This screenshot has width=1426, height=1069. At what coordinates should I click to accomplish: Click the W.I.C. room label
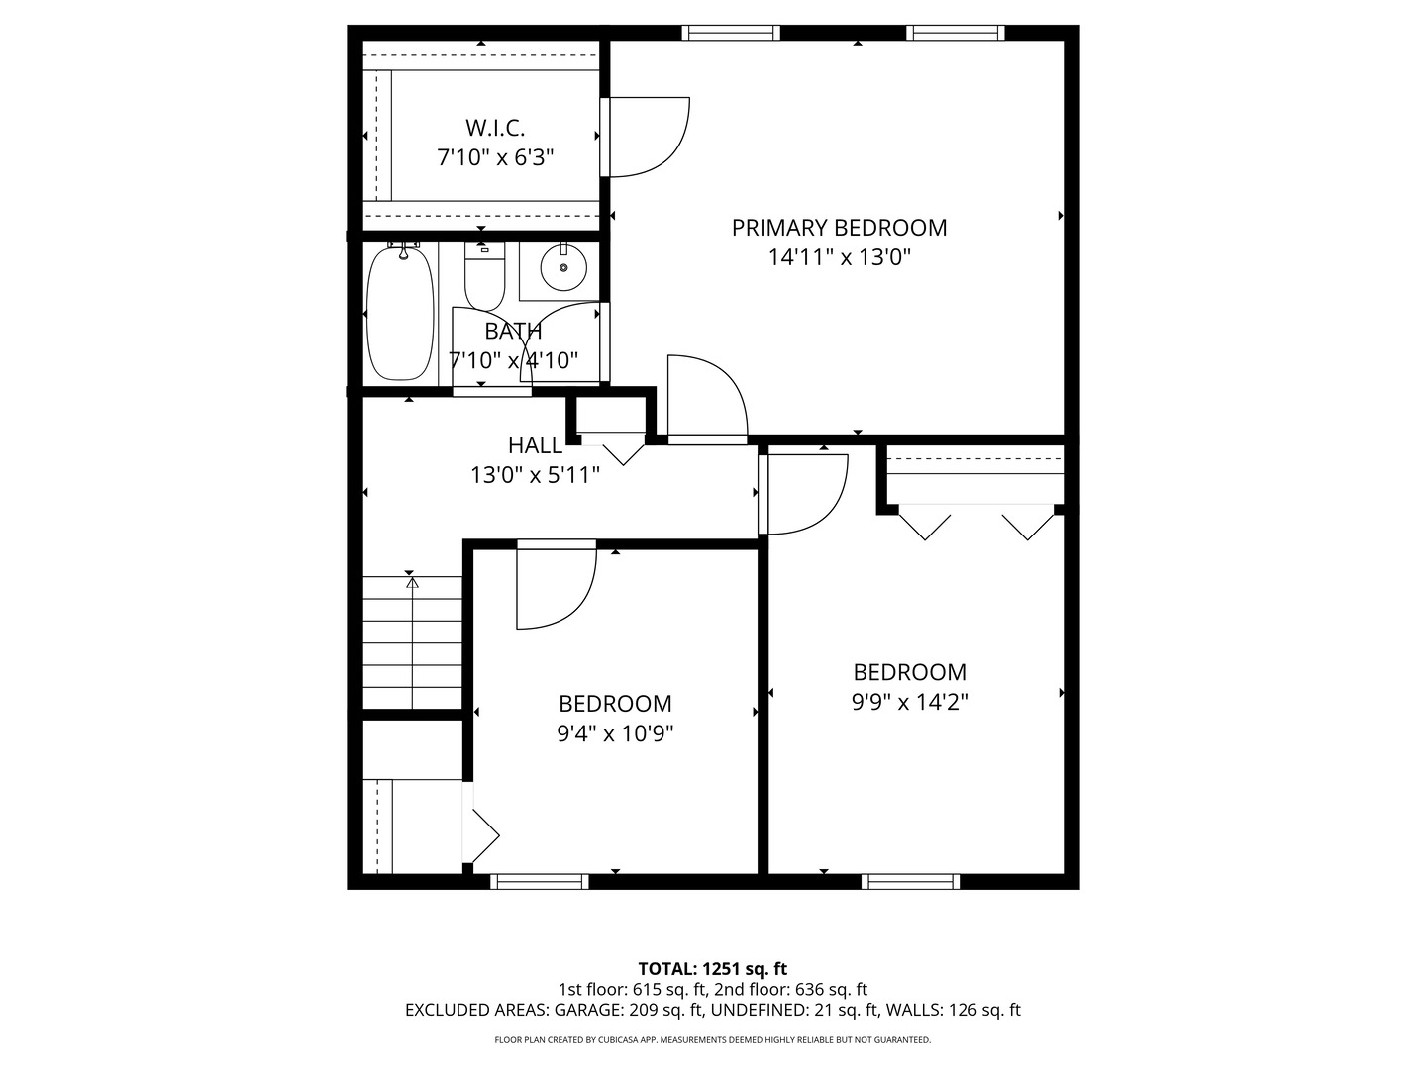(x=495, y=128)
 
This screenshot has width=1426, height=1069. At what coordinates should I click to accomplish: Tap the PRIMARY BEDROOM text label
(x=839, y=228)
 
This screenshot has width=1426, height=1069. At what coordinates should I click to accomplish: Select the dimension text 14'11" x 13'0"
(x=839, y=258)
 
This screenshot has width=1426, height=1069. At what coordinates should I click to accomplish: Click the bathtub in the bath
(x=400, y=314)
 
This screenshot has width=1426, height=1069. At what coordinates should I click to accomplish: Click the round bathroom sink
(x=563, y=268)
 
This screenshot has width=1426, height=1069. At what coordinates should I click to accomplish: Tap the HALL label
(x=535, y=445)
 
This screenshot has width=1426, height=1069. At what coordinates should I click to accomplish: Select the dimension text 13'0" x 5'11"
(x=535, y=475)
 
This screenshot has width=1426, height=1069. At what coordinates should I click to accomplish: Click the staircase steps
(x=412, y=643)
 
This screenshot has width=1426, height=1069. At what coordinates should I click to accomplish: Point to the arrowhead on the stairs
(x=412, y=583)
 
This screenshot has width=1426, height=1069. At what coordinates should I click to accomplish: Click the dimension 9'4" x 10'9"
(x=615, y=733)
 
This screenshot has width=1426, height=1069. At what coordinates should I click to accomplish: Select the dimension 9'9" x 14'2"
(x=909, y=702)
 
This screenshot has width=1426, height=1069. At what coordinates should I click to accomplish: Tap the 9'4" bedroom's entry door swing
(x=555, y=589)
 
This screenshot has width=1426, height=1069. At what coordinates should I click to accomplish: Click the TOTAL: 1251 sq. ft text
(x=712, y=968)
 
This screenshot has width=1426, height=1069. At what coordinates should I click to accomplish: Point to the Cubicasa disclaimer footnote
(x=712, y=1040)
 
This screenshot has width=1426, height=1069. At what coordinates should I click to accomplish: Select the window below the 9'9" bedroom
(x=910, y=881)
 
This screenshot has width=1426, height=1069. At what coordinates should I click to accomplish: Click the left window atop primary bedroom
(x=732, y=33)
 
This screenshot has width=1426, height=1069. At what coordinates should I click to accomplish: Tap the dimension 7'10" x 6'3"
(x=495, y=156)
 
